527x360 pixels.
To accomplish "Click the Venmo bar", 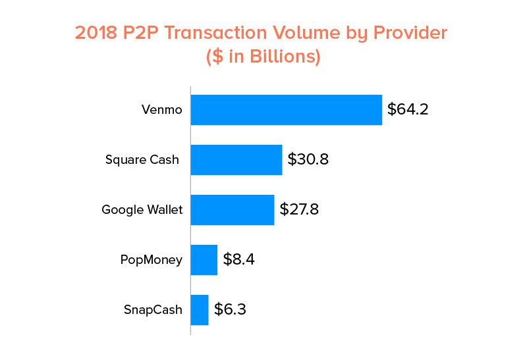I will pos(287,110).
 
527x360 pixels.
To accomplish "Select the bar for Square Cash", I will pos(236,160).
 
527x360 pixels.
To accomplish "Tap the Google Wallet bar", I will pos(233,210).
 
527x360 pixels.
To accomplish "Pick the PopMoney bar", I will pos(204,260).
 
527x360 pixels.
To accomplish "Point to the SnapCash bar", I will pos(200,310).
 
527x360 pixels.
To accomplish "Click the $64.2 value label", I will pos(408,109).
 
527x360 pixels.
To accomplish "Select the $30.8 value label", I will pos(308,160).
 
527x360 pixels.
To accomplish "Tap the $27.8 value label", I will pos(300,210).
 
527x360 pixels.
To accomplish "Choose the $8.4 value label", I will pos(238,259).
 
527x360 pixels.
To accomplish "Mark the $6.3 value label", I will pos(230,310).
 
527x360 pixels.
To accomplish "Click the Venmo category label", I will pos(161,110).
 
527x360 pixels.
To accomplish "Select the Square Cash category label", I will pos(142,160).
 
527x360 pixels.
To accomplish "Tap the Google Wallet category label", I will pos(142,210).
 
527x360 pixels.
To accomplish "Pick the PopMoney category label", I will pos(151,260).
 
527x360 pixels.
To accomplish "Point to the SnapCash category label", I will pos(152,310).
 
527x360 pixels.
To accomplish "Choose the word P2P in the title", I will pos(144,33).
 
